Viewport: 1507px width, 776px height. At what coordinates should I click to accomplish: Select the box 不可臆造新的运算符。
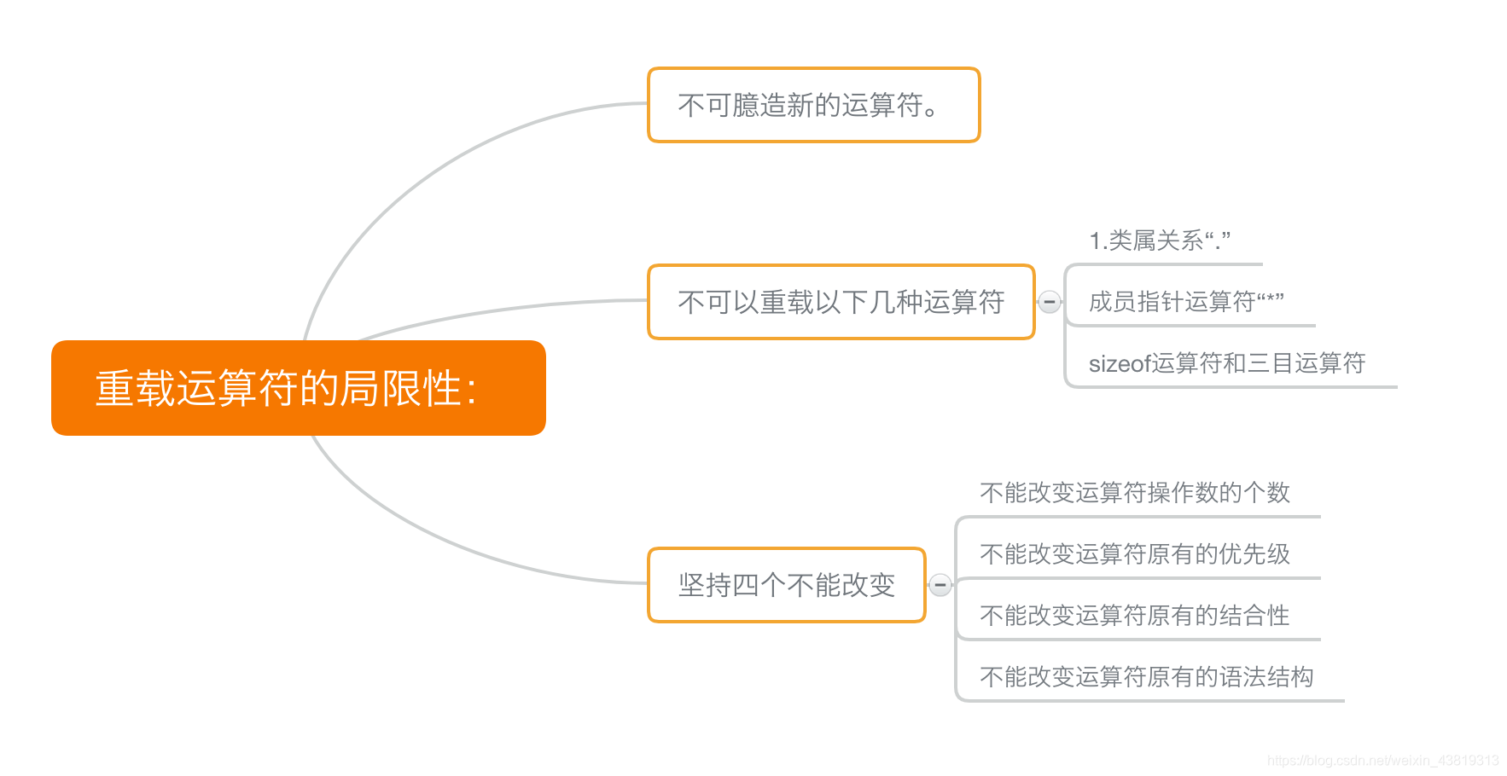click(x=813, y=105)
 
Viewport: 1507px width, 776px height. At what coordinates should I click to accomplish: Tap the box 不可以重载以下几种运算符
click(x=841, y=302)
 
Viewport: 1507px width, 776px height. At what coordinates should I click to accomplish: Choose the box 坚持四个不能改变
click(x=786, y=585)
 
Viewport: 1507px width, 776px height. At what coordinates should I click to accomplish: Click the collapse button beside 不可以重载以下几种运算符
click(x=1050, y=302)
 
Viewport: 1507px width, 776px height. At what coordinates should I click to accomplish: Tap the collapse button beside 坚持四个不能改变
click(x=940, y=585)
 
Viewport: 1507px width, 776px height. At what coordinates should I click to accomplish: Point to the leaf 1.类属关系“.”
click(x=1159, y=240)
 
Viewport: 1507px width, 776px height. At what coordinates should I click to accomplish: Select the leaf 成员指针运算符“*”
click(x=1186, y=302)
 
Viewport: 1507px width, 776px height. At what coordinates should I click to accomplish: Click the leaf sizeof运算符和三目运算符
click(x=1226, y=363)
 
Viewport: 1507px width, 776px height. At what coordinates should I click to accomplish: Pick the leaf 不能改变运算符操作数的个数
click(x=1134, y=493)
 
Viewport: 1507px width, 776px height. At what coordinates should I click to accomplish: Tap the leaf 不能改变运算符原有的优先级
click(x=1134, y=554)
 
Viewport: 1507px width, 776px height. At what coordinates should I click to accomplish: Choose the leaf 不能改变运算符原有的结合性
click(x=1134, y=616)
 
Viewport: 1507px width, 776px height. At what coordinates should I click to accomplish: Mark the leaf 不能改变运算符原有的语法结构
click(x=1146, y=677)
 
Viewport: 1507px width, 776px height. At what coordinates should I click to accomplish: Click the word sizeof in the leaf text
click(x=1120, y=364)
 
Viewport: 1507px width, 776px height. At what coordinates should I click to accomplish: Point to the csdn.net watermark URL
click(x=1382, y=761)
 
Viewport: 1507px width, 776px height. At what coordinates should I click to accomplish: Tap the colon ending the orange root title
click(x=472, y=391)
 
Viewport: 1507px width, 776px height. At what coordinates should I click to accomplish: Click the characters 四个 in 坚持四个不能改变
click(x=759, y=585)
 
